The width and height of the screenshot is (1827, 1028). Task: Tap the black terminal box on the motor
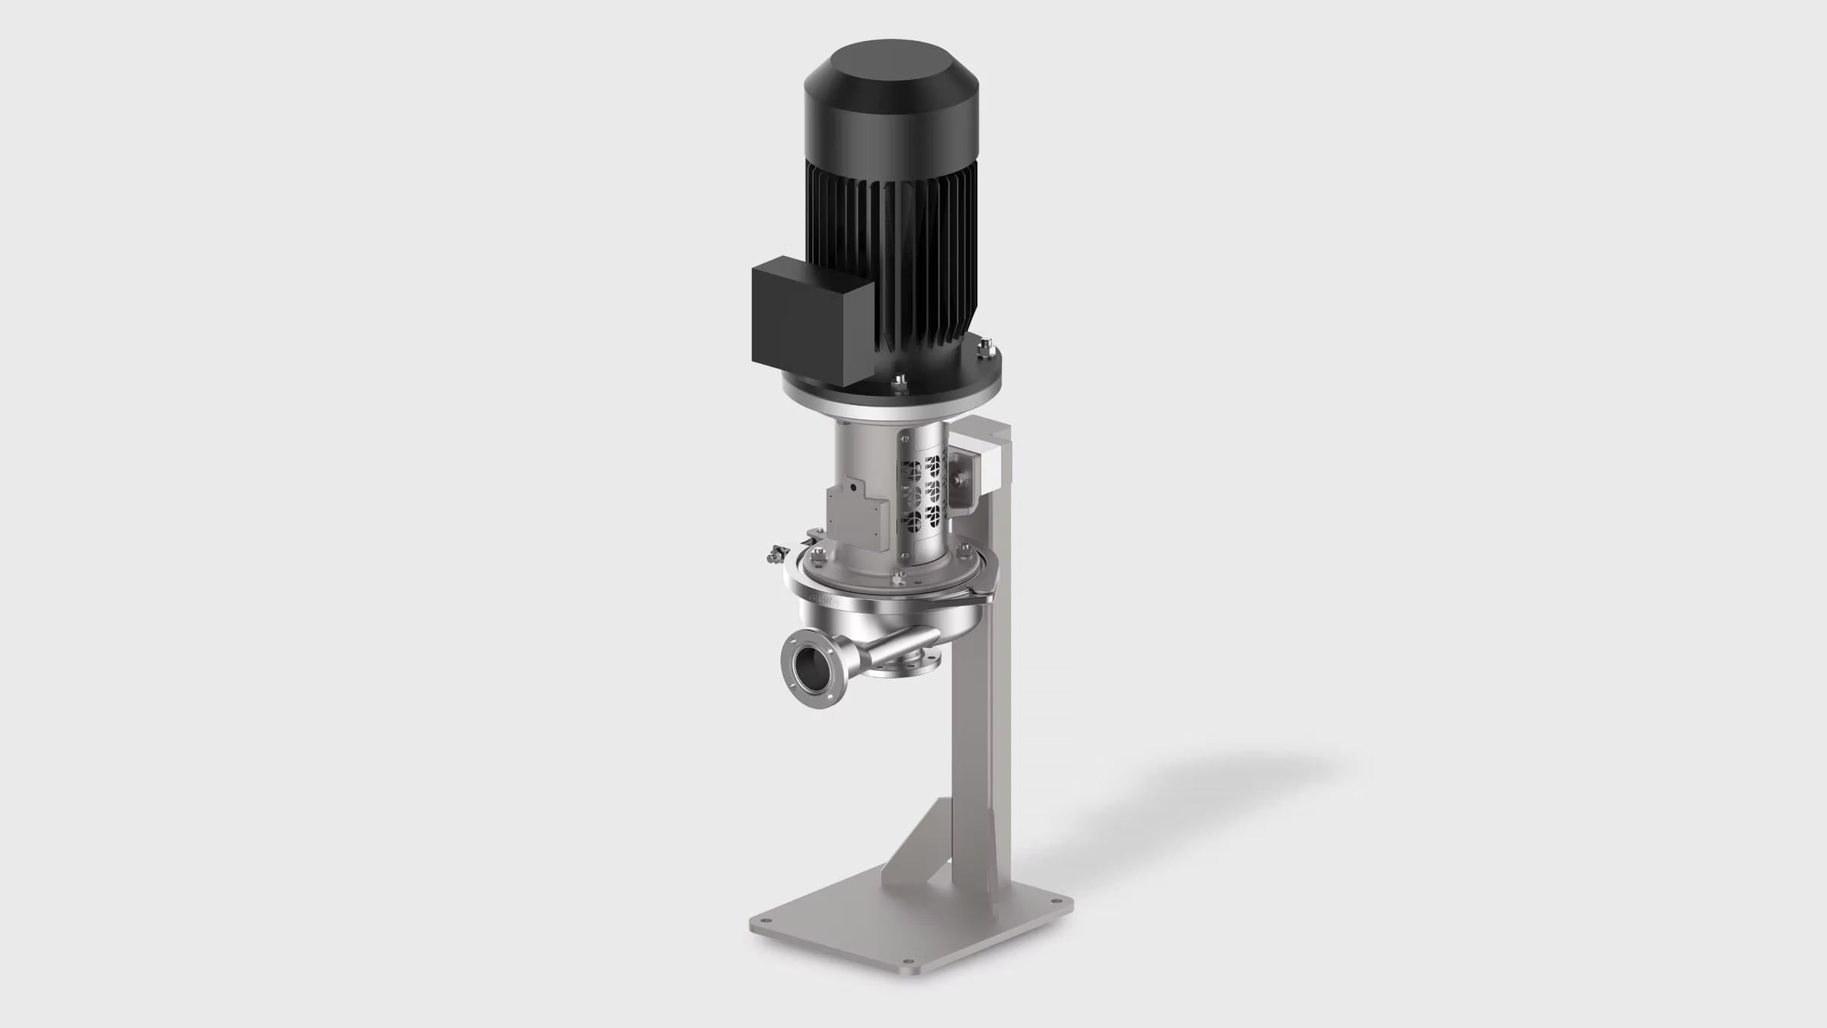click(811, 312)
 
